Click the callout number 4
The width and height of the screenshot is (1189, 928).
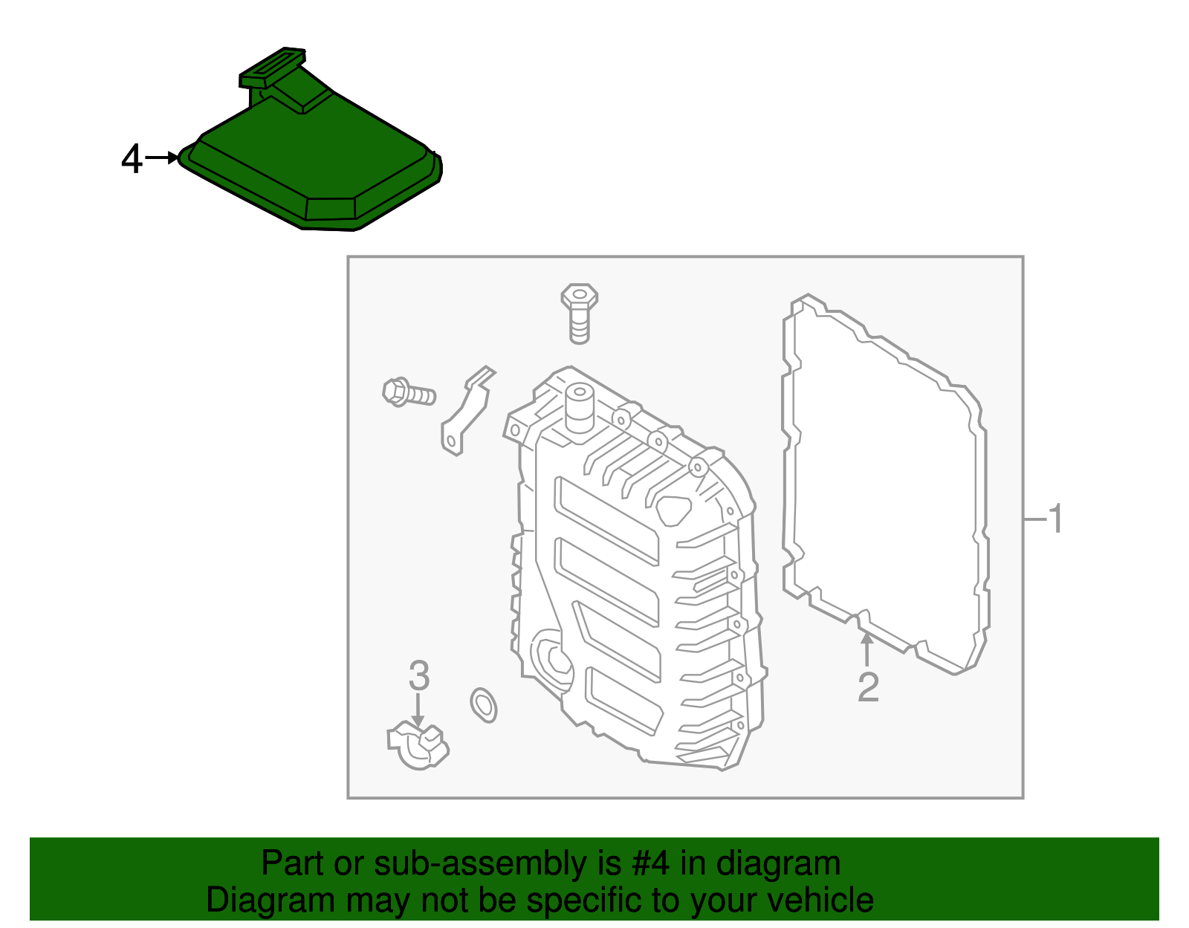[132, 159]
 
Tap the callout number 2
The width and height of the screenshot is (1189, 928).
[868, 687]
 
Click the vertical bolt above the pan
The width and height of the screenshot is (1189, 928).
[579, 312]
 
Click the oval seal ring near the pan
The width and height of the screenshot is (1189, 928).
[483, 704]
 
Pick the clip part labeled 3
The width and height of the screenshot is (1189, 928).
[418, 745]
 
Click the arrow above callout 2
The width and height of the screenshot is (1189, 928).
[866, 649]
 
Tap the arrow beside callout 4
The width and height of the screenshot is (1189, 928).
[162, 158]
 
